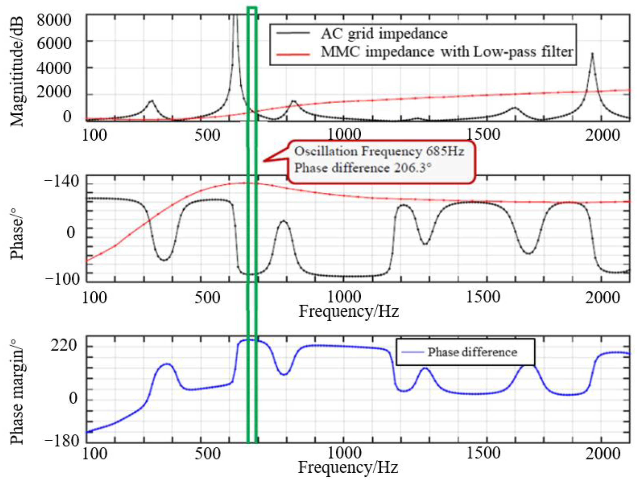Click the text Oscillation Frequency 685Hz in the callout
click(379, 151)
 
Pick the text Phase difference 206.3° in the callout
click(363, 168)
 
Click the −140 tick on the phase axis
click(61, 182)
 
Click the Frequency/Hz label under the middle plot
click(349, 312)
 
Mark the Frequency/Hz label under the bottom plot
click(348, 468)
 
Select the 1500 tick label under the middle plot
click(483, 297)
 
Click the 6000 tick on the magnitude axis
click(54, 44)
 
